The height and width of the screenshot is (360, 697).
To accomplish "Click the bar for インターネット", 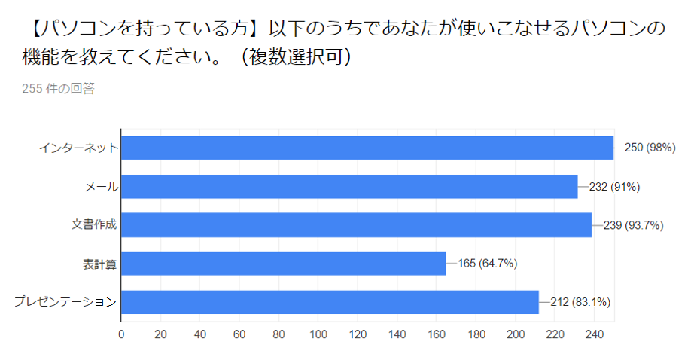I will [367, 148].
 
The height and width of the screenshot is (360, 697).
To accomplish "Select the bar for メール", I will [349, 186].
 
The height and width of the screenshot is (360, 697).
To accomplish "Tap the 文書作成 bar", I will [357, 225].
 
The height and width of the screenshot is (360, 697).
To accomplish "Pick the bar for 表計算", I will [284, 264].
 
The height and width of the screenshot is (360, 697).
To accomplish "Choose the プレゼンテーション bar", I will [330, 302].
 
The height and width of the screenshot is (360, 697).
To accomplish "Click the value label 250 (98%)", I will [650, 148].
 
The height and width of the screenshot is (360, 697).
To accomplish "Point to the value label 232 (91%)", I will [614, 186].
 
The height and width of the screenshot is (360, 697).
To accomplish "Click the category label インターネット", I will [78, 148].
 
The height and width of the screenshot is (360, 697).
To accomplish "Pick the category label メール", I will [100, 186].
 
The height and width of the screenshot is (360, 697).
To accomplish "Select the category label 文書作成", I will [93, 225].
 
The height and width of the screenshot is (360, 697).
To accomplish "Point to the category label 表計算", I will [99, 264].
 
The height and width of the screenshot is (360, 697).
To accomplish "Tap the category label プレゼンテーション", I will [65, 302].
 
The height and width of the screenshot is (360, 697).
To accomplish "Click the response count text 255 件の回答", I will [58, 89].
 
